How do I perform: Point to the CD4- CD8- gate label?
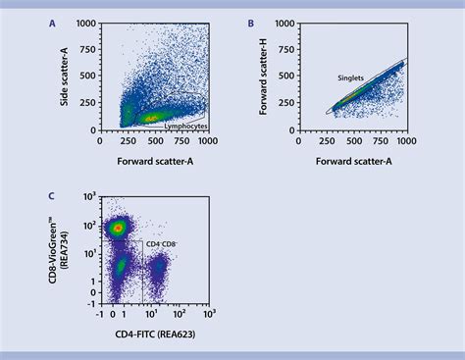tap(163, 243)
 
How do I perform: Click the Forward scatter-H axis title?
tap(265, 77)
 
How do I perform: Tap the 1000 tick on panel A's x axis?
tap(205, 139)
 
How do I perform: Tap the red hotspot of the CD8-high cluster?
tap(118, 228)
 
